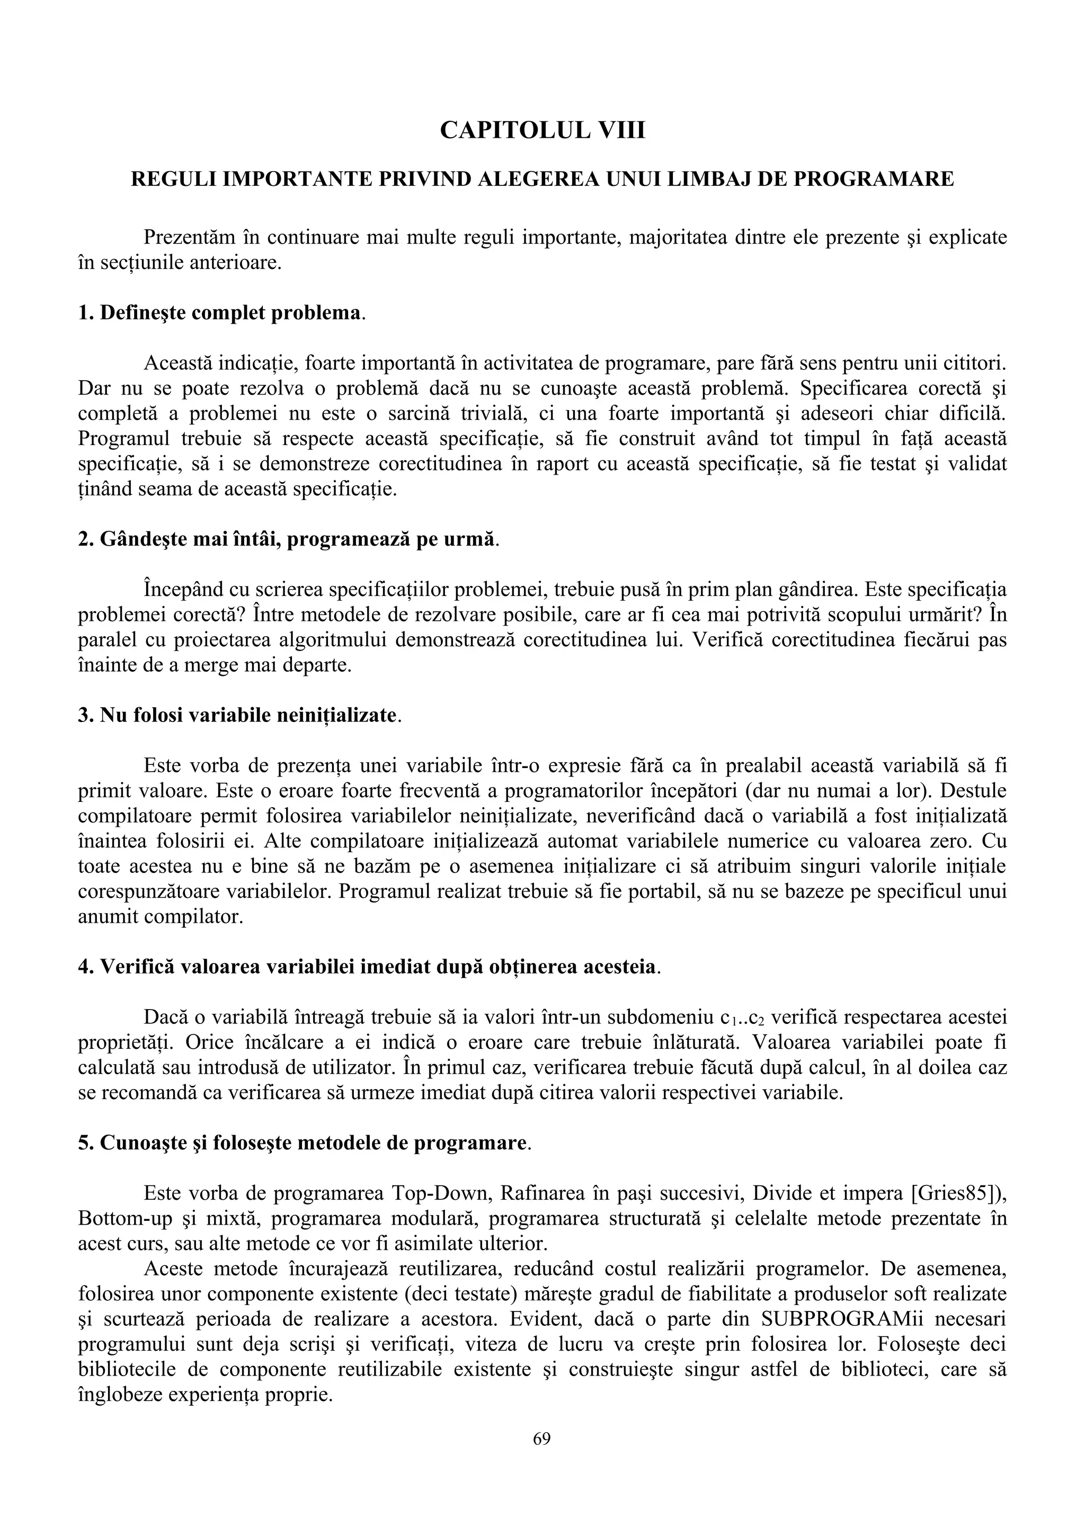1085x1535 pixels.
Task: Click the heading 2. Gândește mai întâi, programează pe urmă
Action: click(x=288, y=539)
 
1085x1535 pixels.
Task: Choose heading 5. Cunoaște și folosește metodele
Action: click(x=304, y=1143)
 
